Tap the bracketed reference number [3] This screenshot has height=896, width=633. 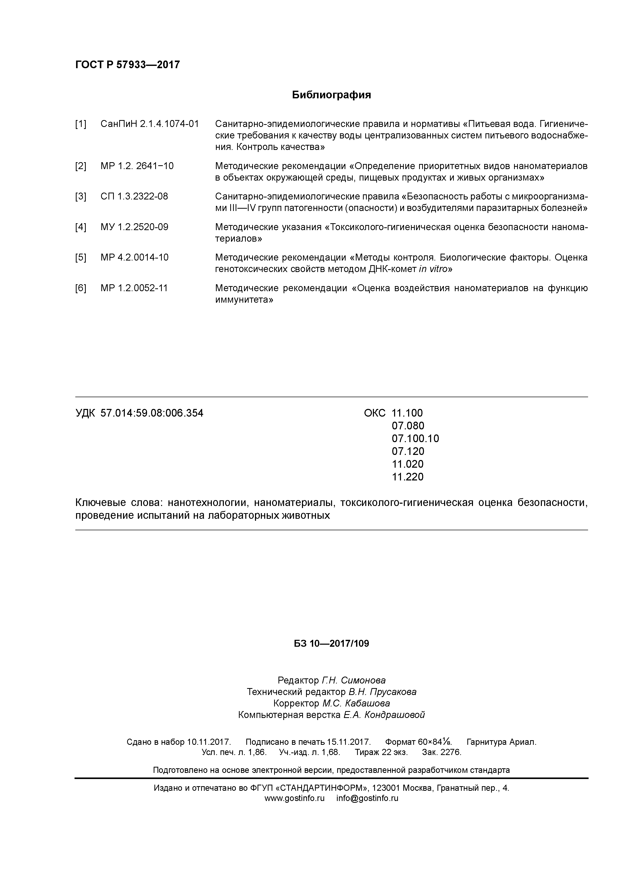click(81, 196)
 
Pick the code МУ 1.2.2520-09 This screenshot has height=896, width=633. click(134, 227)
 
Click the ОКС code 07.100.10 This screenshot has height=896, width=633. click(415, 439)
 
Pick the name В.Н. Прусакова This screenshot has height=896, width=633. click(382, 692)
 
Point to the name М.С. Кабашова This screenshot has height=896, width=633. click(356, 704)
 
